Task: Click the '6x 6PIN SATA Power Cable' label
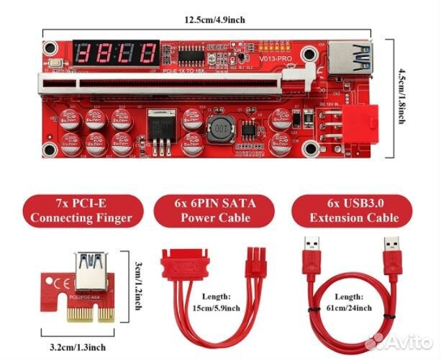214,210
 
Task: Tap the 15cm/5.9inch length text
216,302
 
